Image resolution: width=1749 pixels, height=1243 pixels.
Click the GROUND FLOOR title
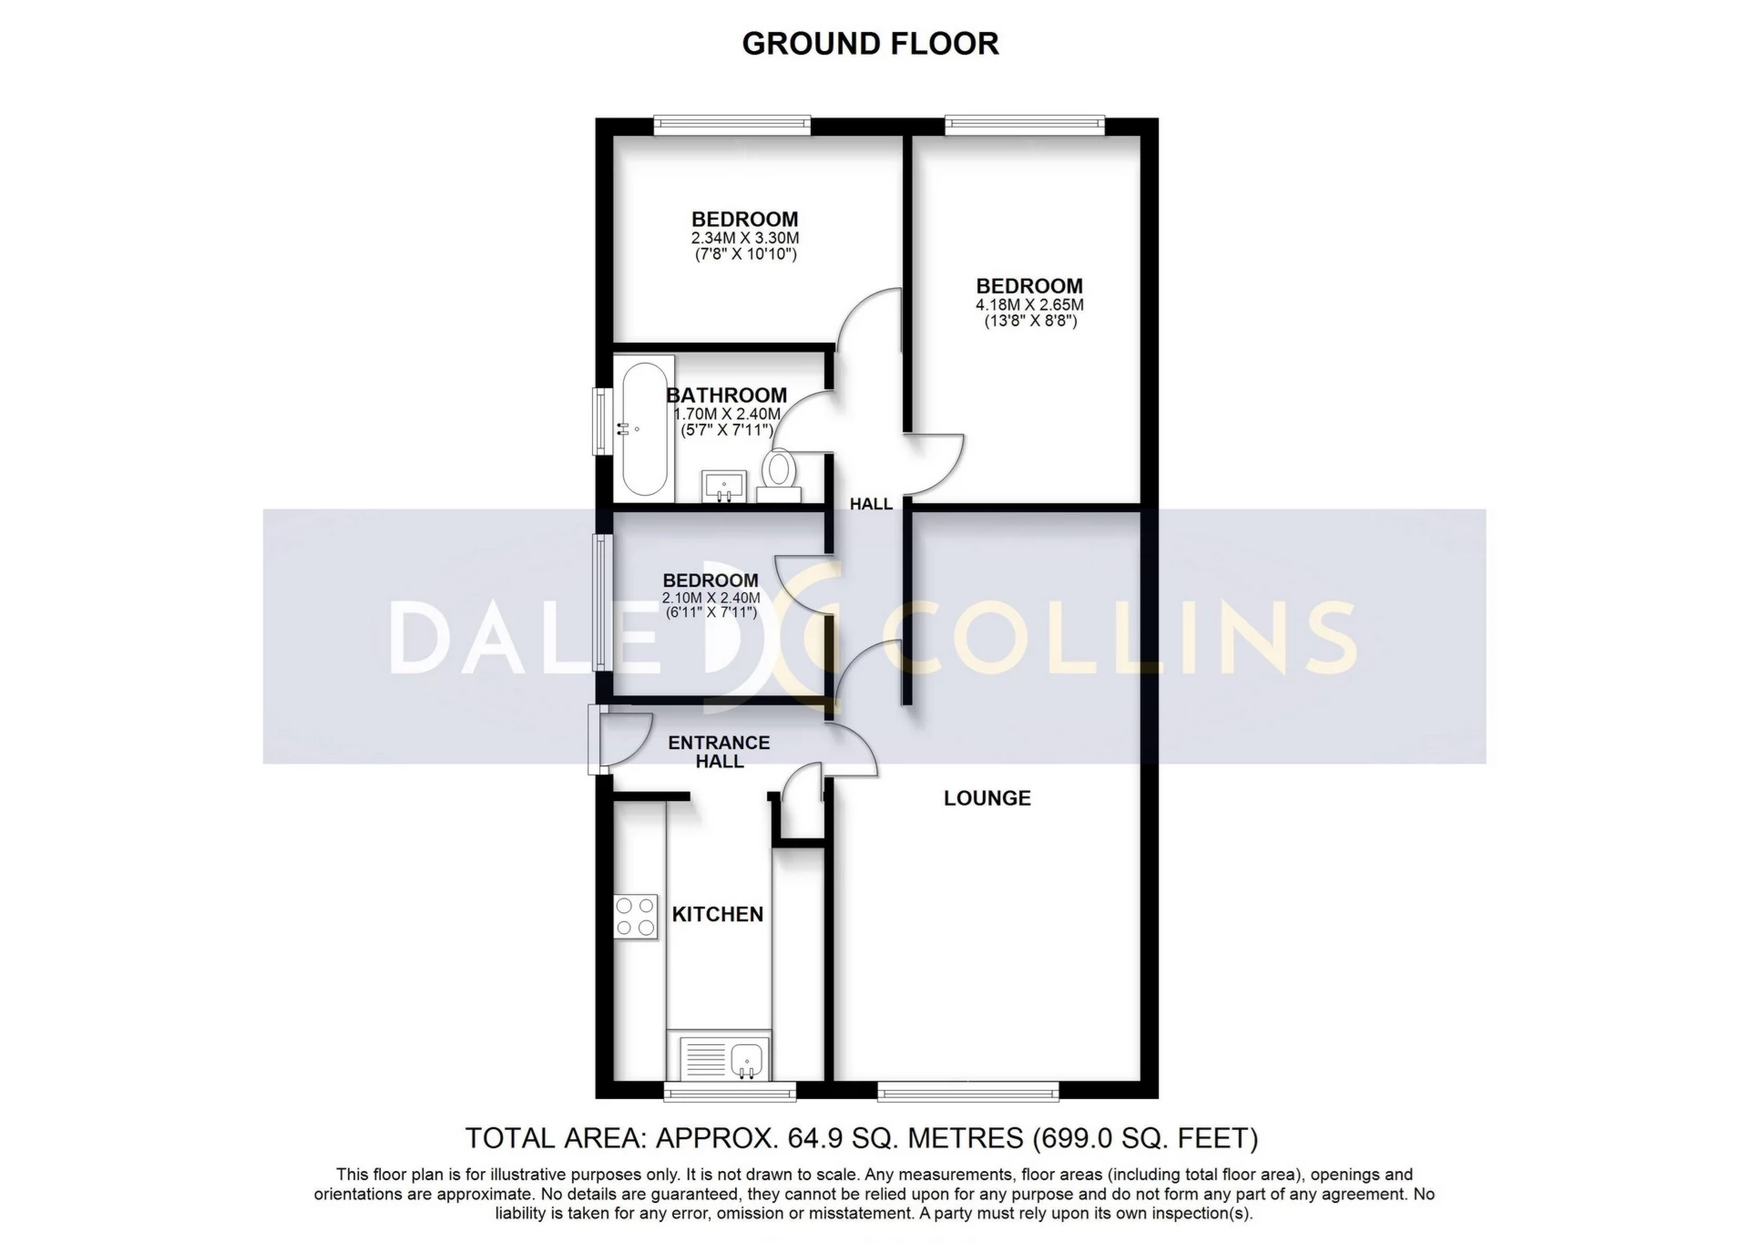870,43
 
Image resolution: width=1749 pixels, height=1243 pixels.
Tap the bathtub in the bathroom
644,428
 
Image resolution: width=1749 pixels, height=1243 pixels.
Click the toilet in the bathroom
779,473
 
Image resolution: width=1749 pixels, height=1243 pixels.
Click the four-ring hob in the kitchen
635,917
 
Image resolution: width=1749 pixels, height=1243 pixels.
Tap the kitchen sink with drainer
725,1059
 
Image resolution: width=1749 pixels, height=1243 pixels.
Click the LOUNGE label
987,798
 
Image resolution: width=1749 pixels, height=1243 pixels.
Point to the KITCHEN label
718,914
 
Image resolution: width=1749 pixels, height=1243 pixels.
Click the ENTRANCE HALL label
719,752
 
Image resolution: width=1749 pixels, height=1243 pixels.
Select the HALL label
871,504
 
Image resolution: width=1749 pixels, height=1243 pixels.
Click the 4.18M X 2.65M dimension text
1029,305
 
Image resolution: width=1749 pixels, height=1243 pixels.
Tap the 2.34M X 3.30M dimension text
744,239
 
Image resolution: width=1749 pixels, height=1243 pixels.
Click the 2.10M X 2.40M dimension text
711,598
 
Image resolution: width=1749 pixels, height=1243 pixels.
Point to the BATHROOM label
726,395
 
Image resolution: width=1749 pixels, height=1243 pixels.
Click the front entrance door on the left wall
598,740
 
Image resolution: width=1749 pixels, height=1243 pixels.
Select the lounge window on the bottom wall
968,1091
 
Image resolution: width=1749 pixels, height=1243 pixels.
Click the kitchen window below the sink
730,1091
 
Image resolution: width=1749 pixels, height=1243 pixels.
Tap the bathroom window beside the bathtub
602,421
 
